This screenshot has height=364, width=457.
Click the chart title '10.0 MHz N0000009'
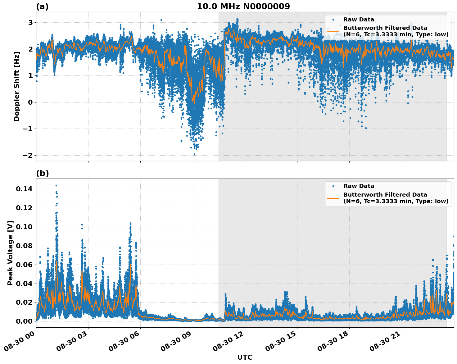click(243, 7)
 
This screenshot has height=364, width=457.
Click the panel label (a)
click(42, 7)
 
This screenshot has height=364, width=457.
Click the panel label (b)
click(42, 173)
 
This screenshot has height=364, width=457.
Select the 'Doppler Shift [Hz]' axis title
click(17, 86)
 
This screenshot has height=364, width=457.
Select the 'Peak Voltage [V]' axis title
click(10, 253)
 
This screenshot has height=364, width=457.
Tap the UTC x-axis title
click(245, 357)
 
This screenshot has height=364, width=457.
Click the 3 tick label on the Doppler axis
click(30, 22)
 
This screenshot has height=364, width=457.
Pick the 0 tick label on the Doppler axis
click(30, 102)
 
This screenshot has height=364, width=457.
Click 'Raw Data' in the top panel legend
click(359, 20)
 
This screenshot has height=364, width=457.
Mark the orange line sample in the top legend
click(333, 31)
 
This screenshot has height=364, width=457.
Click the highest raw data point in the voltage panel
click(56, 185)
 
